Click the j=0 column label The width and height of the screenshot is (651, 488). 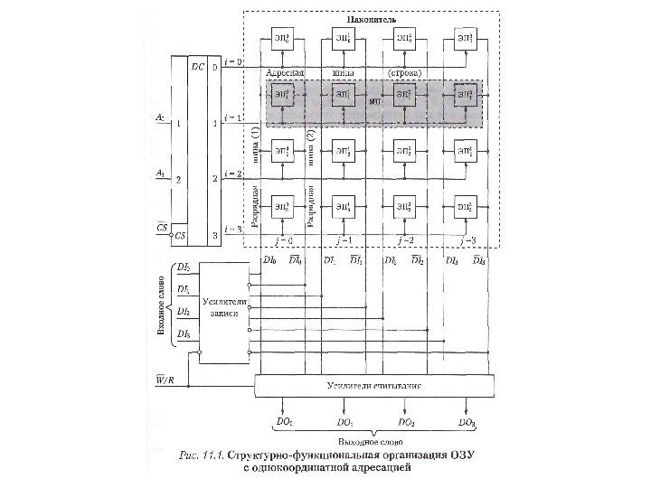(x=282, y=241)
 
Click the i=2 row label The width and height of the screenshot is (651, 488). (x=232, y=173)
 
